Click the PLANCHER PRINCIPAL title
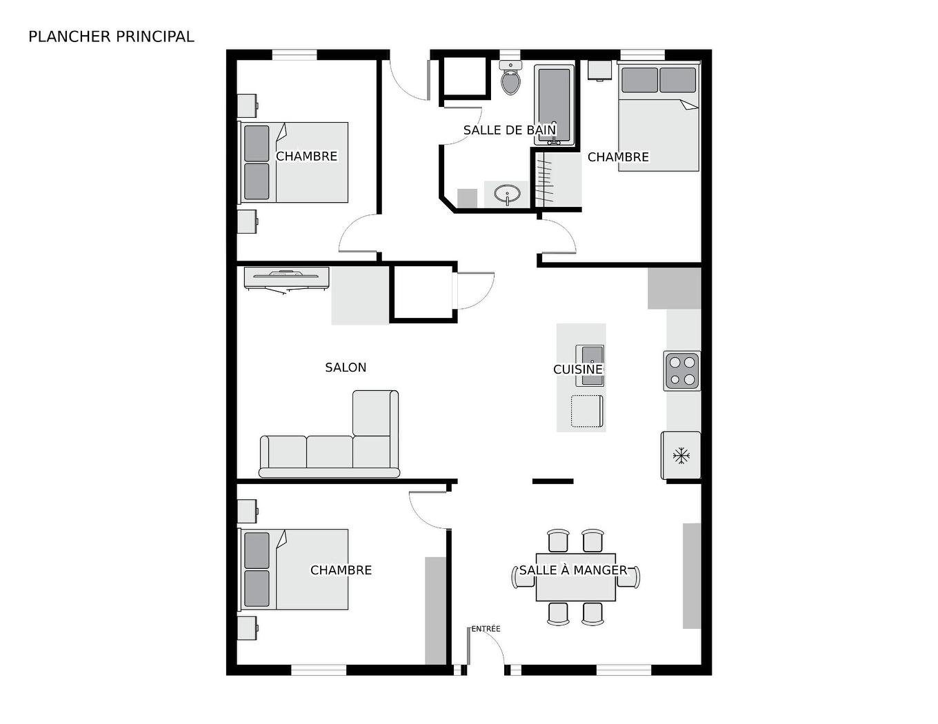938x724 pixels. click(x=111, y=37)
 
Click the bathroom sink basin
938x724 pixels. click(x=508, y=194)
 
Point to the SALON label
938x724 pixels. click(x=346, y=368)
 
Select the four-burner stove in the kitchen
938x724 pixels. click(x=681, y=370)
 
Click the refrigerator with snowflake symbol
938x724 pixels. click(x=681, y=455)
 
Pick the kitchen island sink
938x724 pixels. click(x=590, y=356)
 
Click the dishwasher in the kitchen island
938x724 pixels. click(x=586, y=411)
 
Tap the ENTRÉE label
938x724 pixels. click(x=486, y=629)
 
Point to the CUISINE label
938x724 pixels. click(x=578, y=370)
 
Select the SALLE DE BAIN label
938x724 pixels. click(x=509, y=130)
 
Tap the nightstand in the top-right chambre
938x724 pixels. click(x=599, y=70)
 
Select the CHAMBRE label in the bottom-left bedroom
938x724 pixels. click(x=341, y=570)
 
